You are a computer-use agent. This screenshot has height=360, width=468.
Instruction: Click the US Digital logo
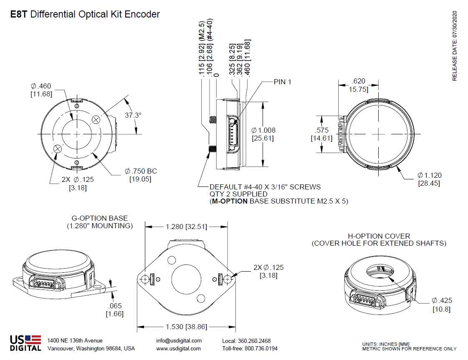click(25, 343)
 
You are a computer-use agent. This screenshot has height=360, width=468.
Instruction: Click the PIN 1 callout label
click(282, 82)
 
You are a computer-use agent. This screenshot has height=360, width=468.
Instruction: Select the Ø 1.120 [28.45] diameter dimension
click(429, 179)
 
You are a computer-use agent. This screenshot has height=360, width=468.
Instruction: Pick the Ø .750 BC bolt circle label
click(141, 175)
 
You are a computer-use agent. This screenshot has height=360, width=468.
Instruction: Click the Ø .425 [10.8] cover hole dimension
click(442, 305)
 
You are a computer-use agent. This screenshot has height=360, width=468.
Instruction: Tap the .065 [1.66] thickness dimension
click(114, 310)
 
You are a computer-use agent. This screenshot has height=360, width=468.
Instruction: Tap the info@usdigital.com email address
click(179, 340)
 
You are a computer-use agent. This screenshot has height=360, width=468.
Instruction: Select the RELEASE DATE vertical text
click(455, 46)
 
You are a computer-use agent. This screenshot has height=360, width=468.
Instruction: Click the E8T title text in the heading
click(19, 14)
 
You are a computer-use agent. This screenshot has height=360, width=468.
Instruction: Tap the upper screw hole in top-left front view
click(96, 120)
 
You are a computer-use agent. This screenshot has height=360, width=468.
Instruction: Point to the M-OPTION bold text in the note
click(229, 201)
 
